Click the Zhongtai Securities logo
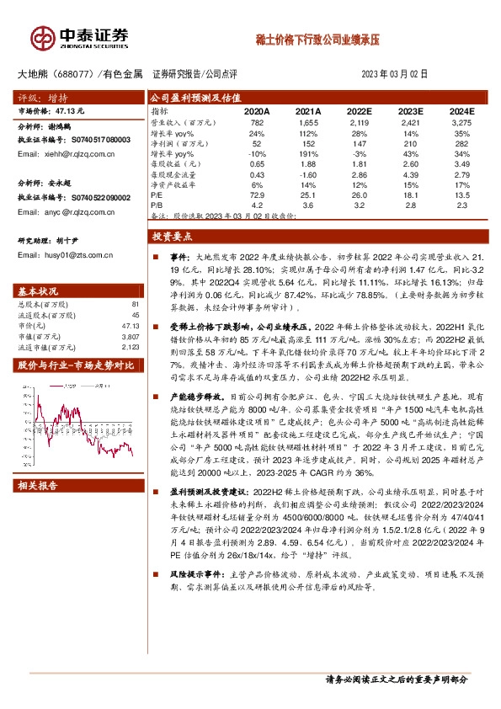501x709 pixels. coord(81,36)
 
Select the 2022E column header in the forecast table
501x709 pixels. coord(360,110)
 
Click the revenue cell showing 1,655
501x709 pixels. coord(309,123)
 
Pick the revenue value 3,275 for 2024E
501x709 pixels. coord(462,123)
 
